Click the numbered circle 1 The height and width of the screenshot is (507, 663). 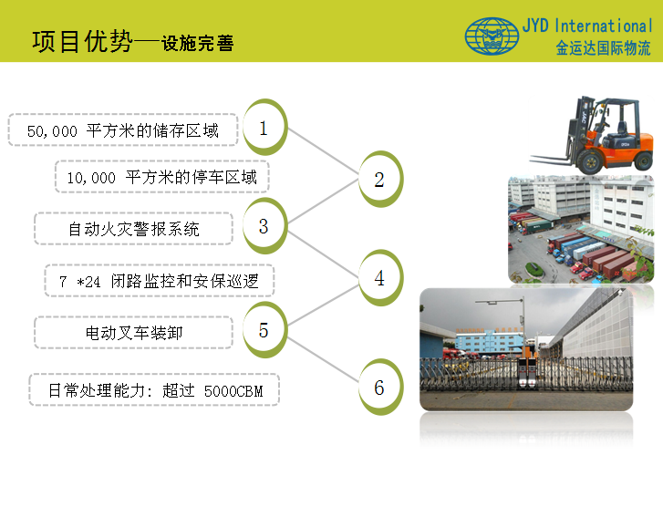(x=264, y=127)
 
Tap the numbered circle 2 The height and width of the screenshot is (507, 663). (x=380, y=179)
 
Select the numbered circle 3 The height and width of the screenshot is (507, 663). (x=264, y=226)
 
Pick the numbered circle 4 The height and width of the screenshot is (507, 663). (x=380, y=278)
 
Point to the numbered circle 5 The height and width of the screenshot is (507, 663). (x=264, y=330)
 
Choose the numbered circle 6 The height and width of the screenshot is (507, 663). (x=380, y=387)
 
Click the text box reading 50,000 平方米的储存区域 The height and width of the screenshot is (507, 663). (x=123, y=129)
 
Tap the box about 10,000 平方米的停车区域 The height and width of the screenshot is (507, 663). (x=162, y=177)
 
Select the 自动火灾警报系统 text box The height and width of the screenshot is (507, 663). (x=134, y=229)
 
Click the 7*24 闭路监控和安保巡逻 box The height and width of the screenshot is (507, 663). (x=160, y=281)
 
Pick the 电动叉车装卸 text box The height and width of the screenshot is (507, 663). (x=134, y=333)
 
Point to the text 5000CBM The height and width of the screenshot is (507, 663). (x=233, y=391)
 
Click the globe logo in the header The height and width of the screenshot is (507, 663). (x=492, y=36)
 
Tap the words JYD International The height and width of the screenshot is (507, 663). (x=587, y=26)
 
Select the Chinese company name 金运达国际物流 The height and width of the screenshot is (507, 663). (x=603, y=47)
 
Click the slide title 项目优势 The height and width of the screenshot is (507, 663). (x=82, y=41)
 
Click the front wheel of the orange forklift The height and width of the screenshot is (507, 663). (x=589, y=161)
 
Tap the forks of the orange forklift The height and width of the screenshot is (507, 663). (x=551, y=160)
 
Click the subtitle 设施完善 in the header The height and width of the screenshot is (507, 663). (x=198, y=43)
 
